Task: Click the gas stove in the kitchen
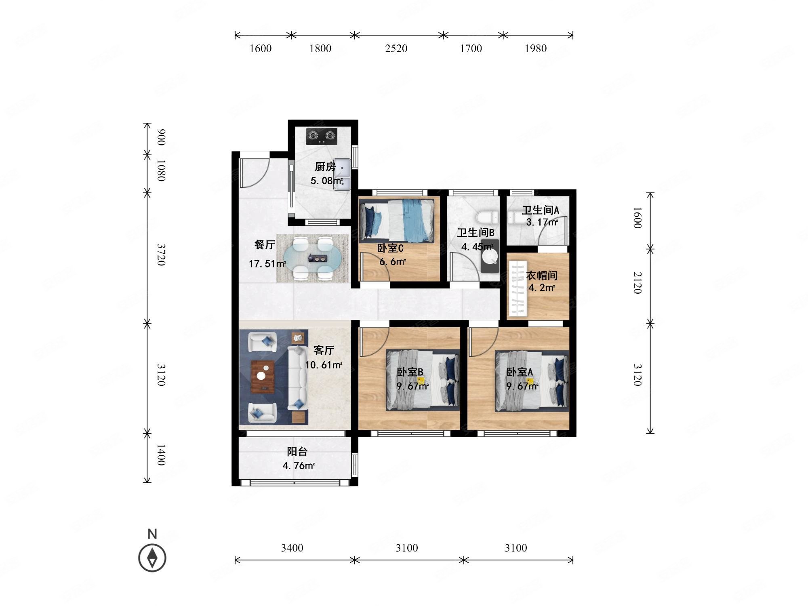pos(322,136)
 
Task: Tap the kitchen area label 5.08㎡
pos(326,181)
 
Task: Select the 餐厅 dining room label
pos(265,245)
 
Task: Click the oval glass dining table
pos(313,259)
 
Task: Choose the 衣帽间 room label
pos(542,276)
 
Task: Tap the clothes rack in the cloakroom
pos(518,288)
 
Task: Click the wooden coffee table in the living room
pos(263,377)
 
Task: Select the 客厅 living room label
pos(324,350)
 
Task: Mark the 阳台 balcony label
pos(297,452)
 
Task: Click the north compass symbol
pos(152,558)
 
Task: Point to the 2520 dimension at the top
pos(396,48)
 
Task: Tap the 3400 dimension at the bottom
pos(292,548)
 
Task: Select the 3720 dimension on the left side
pos(161,255)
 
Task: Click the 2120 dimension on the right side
pos(637,282)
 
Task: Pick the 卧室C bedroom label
pos(390,248)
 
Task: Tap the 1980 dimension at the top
pos(536,48)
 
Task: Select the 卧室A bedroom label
pos(520,372)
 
